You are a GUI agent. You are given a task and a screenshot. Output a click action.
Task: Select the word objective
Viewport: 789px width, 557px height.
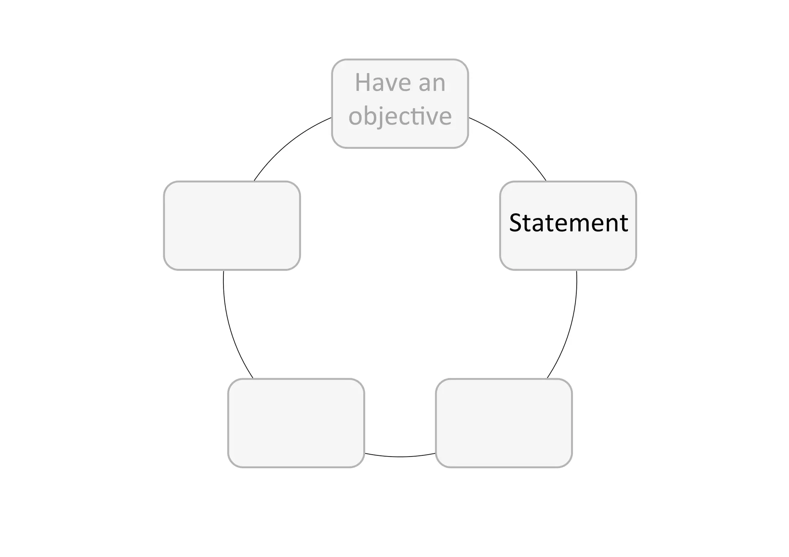pyautogui.click(x=400, y=116)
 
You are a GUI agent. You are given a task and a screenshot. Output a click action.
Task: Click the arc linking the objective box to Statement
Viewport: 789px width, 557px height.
pyautogui.click(x=512, y=144)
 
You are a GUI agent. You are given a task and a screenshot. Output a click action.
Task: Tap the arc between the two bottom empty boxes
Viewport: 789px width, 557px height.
pyautogui.click(x=400, y=457)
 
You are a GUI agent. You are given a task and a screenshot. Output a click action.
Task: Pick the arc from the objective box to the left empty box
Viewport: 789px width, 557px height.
pyautogui.click(x=287, y=144)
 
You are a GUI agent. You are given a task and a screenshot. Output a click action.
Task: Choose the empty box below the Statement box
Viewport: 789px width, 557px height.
pyautogui.click(x=504, y=423)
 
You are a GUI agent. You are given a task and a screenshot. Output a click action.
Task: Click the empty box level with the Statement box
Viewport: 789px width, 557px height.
pyautogui.click(x=232, y=226)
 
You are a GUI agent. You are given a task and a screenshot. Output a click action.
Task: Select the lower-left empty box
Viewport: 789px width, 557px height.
pyautogui.click(x=296, y=423)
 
